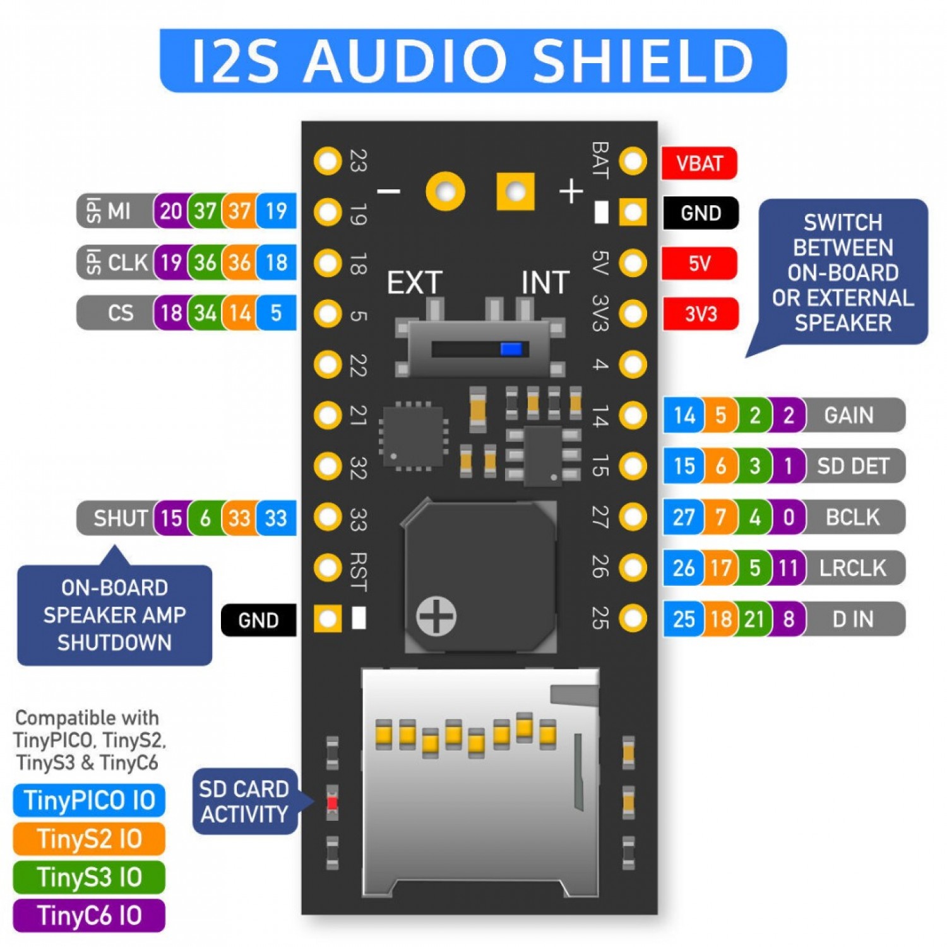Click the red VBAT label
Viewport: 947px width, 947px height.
pyautogui.click(x=699, y=164)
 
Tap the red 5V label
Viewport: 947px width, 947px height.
pyautogui.click(x=699, y=263)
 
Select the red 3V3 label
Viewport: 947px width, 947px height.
pyautogui.click(x=700, y=314)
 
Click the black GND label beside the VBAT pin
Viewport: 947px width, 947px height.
pyautogui.click(x=700, y=213)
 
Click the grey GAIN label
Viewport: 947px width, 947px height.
pyautogui.click(x=849, y=415)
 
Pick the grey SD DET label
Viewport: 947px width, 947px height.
pyautogui.click(x=852, y=466)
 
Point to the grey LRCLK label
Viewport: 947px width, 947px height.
pyautogui.click(x=852, y=568)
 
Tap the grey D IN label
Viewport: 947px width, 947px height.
pyautogui.click(x=852, y=619)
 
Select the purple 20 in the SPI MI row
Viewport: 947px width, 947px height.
pyautogui.click(x=170, y=211)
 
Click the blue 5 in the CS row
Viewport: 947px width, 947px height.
pyautogui.click(x=276, y=313)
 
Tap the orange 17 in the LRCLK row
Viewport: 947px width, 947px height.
pyautogui.click(x=720, y=568)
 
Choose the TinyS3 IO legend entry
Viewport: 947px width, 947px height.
pyautogui.click(x=89, y=877)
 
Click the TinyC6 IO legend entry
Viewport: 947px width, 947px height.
pyautogui.click(x=89, y=915)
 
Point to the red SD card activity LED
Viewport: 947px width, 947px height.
pyautogui.click(x=332, y=803)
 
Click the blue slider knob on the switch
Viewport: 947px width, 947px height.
pyautogui.click(x=511, y=349)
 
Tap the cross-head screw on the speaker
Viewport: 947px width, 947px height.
pyautogui.click(x=436, y=616)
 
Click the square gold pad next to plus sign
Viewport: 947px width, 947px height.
pyautogui.click(x=515, y=191)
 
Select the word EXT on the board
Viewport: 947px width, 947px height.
pyautogui.click(x=414, y=282)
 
